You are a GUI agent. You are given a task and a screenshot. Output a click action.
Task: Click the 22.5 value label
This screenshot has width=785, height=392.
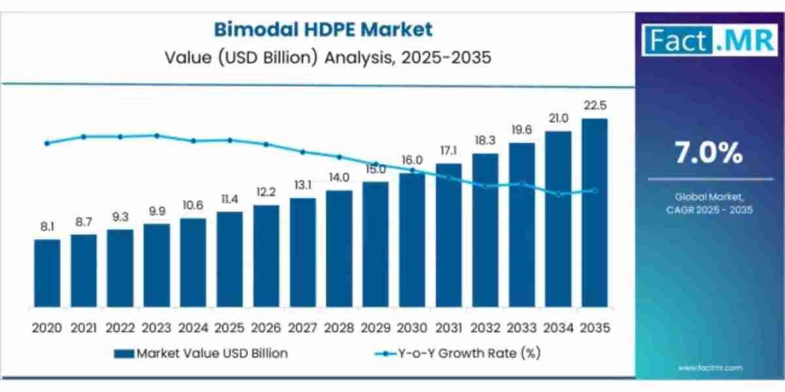point(594,106)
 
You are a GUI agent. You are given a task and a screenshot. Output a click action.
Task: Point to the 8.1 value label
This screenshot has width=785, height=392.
point(47,227)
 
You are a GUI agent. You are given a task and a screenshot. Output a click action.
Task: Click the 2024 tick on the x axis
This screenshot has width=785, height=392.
point(193,327)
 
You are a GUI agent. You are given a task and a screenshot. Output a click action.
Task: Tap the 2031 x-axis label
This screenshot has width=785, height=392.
point(448,327)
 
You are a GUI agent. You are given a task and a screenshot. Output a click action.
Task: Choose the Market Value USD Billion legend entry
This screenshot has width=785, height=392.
point(201,353)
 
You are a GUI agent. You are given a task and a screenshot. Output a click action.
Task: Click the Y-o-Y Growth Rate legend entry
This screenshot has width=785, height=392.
point(457,353)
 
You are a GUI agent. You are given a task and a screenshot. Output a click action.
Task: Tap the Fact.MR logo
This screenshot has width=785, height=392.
point(710,40)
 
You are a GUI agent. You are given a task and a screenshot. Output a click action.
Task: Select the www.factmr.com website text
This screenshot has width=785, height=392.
point(710,368)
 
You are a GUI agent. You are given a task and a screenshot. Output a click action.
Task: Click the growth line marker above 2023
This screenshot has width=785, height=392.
point(157,135)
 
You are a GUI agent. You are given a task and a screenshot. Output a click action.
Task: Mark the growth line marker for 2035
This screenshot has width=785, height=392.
point(595,191)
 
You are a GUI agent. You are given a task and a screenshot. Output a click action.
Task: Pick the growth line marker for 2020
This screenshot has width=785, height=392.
point(47,143)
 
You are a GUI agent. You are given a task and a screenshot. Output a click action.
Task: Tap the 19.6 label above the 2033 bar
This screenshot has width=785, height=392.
point(521,130)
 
